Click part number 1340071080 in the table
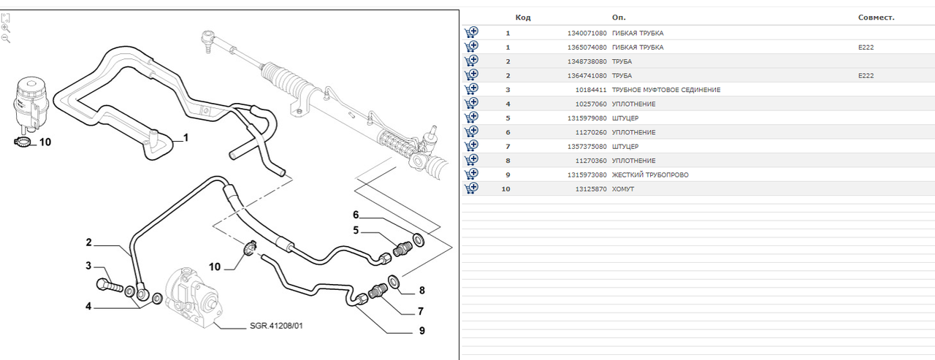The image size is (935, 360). coord(587,33)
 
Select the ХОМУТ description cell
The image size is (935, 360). coord(623,189)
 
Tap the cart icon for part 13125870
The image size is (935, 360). coord(471,188)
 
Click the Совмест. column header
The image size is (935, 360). coord(876,18)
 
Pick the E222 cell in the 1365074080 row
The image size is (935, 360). coord(866,47)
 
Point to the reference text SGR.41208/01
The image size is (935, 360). coord(276,326)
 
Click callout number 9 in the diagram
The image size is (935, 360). coord(422,331)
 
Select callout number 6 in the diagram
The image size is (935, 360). coord(356,215)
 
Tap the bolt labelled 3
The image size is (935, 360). coord(110,286)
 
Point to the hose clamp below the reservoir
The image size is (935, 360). coord(23,142)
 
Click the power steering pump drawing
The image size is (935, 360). coord(192,296)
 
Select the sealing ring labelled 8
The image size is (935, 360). coord(393,282)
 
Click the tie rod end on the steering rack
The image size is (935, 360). coord(207,40)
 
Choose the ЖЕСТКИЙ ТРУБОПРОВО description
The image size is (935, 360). coord(650,175)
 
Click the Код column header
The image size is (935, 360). coord(522,18)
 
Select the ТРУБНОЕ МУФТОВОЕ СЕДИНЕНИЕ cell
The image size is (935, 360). coord(665,90)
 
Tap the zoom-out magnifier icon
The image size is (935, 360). coord(6,39)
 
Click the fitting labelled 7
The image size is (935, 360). coord(378,290)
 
